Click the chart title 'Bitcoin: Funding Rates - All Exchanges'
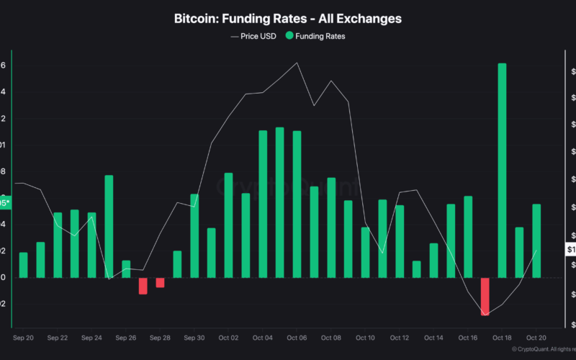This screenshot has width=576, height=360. click(x=288, y=18)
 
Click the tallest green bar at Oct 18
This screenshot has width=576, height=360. click(x=502, y=170)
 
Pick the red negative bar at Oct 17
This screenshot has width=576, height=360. click(x=485, y=296)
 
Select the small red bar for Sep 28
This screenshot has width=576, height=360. click(x=160, y=282)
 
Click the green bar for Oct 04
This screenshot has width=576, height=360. click(x=263, y=204)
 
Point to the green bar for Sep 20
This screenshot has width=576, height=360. click(x=23, y=265)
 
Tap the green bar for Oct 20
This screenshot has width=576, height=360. click(x=536, y=240)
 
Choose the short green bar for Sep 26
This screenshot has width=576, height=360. click(x=126, y=269)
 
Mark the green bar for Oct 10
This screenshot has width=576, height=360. click(x=365, y=252)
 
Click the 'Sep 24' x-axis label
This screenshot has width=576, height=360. click(x=91, y=337)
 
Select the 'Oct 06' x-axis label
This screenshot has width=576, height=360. click(x=297, y=337)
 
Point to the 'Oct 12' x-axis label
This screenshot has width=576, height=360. click(x=400, y=337)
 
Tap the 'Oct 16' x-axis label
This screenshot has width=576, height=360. click(x=468, y=337)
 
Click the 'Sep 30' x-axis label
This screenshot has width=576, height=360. click(x=194, y=337)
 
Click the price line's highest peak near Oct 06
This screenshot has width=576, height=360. click(x=297, y=63)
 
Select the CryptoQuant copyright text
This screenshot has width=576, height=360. click(x=544, y=349)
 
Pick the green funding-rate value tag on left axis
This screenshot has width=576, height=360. click(x=5, y=203)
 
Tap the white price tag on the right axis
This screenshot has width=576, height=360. click(x=570, y=250)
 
